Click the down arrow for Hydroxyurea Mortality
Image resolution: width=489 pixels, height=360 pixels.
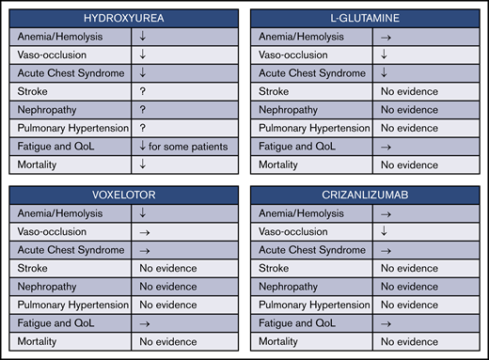pyautogui.click(x=143, y=164)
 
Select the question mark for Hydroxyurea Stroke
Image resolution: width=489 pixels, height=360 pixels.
pyautogui.click(x=143, y=91)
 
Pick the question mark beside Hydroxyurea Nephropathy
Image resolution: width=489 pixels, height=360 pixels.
pyautogui.click(x=143, y=109)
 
